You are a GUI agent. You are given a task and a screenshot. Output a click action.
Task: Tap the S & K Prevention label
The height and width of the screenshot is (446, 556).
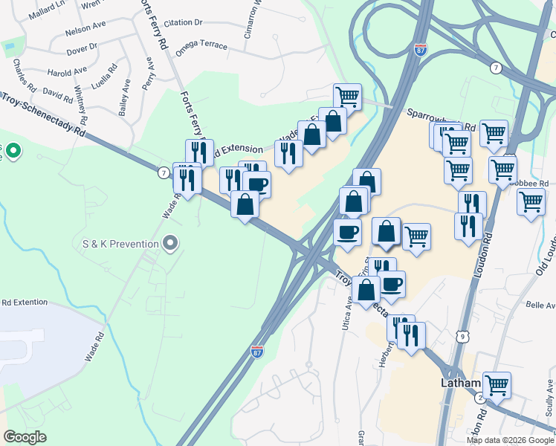click(x=120, y=243)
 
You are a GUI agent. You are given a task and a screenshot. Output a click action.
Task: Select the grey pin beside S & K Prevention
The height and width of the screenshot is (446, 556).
click(x=171, y=242)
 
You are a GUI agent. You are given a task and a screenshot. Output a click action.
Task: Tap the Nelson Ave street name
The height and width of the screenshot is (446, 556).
click(x=85, y=28)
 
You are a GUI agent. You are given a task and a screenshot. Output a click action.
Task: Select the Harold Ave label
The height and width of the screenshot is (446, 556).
click(x=68, y=72)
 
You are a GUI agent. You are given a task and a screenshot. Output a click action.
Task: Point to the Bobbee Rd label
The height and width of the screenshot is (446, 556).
click(x=534, y=183)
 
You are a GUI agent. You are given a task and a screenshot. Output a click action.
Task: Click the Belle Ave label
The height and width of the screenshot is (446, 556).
click(x=540, y=305)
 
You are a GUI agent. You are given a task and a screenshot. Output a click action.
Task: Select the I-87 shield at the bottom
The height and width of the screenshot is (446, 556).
click(x=257, y=351)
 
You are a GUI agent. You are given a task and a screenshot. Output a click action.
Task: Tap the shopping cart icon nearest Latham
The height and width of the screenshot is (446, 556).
click(x=497, y=385)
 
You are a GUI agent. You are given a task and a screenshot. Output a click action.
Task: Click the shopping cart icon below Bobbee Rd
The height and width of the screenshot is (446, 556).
click(x=531, y=201)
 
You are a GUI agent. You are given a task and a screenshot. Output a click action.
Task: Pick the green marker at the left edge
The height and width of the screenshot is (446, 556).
click(x=13, y=152)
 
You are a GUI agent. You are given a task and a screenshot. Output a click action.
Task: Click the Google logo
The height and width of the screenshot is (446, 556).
click(x=26, y=436)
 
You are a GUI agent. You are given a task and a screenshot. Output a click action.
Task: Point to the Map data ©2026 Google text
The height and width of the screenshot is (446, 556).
click(x=508, y=440)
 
